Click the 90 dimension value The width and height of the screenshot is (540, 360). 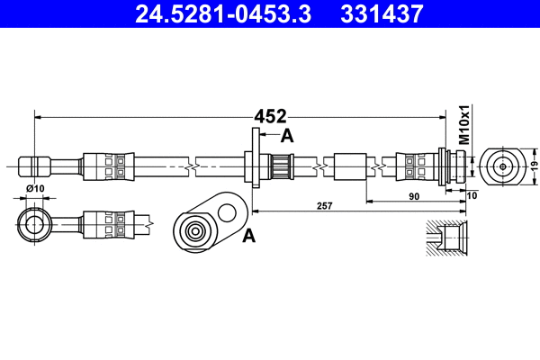coord(415,194)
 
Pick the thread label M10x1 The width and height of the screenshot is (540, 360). coord(465,125)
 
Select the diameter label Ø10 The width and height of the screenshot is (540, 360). coord(35,188)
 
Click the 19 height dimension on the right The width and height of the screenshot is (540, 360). coord(532,166)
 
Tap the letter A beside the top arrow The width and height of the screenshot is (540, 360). coord(288,136)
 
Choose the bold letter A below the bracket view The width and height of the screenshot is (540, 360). coord(249,236)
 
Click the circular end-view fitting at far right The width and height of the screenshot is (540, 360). coord(501,166)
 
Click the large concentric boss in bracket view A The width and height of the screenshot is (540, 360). coord(194,230)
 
